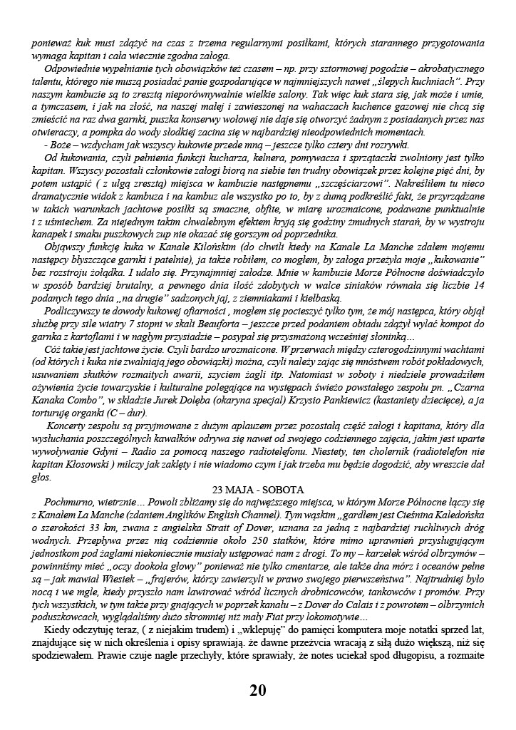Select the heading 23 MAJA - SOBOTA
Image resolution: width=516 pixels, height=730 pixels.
[x=258, y=489]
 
